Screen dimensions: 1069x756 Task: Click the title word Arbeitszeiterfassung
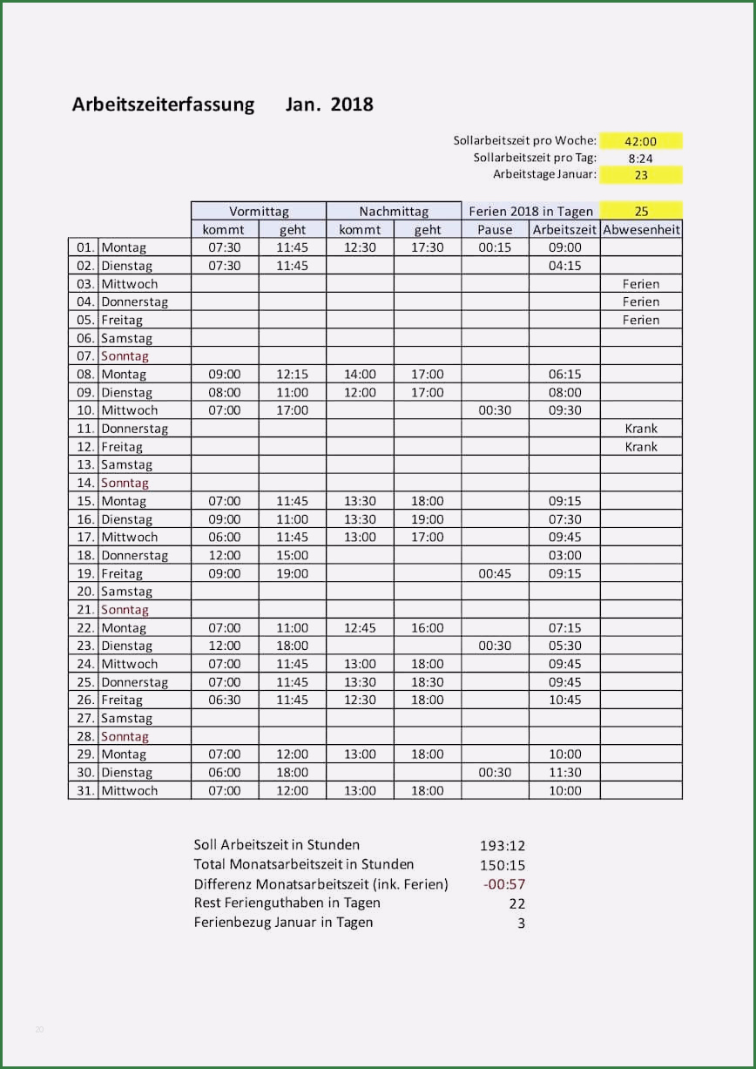point(163,105)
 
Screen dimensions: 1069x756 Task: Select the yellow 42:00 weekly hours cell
point(640,141)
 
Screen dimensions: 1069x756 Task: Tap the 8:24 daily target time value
point(640,159)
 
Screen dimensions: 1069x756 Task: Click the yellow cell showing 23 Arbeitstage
point(640,175)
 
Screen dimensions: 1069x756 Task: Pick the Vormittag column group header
point(259,211)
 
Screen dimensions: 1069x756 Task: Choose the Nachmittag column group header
point(394,211)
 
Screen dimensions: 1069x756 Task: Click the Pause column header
point(495,230)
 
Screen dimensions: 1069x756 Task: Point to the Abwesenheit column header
point(641,230)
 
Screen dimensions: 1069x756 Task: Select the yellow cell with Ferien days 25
point(641,211)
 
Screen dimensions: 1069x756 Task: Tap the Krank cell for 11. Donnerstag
point(641,428)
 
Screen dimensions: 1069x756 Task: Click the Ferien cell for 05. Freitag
point(641,320)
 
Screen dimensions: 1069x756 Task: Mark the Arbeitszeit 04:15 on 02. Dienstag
point(564,266)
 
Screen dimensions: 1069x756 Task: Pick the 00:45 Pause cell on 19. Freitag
point(495,573)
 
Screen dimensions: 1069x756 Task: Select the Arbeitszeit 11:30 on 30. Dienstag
point(564,773)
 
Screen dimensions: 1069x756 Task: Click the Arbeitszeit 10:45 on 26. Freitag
point(564,700)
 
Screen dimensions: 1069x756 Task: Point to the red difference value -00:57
point(503,884)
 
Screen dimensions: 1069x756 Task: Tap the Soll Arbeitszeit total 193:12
point(503,845)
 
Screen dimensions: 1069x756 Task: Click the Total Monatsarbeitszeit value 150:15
point(503,865)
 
